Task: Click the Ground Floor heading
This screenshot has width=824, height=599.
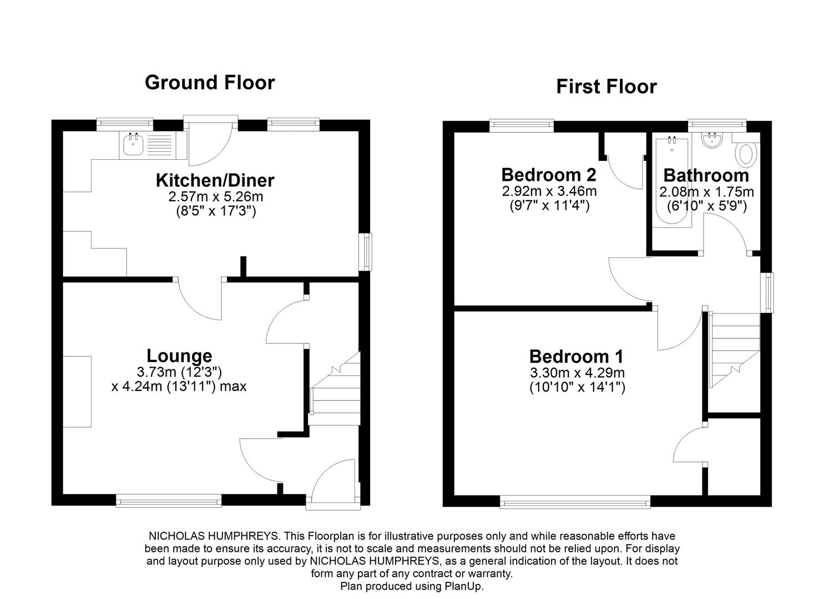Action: coord(210,83)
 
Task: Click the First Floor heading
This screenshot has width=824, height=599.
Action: coord(606,87)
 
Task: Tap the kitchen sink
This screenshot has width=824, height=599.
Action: coord(134,145)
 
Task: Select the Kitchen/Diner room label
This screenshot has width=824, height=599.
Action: coord(215,180)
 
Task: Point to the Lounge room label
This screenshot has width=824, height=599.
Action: coord(179,356)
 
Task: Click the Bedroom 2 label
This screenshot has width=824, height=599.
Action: coord(549,175)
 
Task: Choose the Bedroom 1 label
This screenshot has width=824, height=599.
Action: coord(577,356)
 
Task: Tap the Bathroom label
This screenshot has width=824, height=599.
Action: coord(706,175)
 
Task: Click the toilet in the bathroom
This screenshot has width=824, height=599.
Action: coord(747,154)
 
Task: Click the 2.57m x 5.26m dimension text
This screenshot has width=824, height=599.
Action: coord(215,197)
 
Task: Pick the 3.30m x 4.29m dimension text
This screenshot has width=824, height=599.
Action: coord(577,373)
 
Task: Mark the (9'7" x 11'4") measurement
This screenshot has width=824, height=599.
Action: coord(549,206)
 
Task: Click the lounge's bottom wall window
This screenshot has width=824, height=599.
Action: coord(169,502)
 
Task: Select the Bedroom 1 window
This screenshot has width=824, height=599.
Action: coord(575,502)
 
